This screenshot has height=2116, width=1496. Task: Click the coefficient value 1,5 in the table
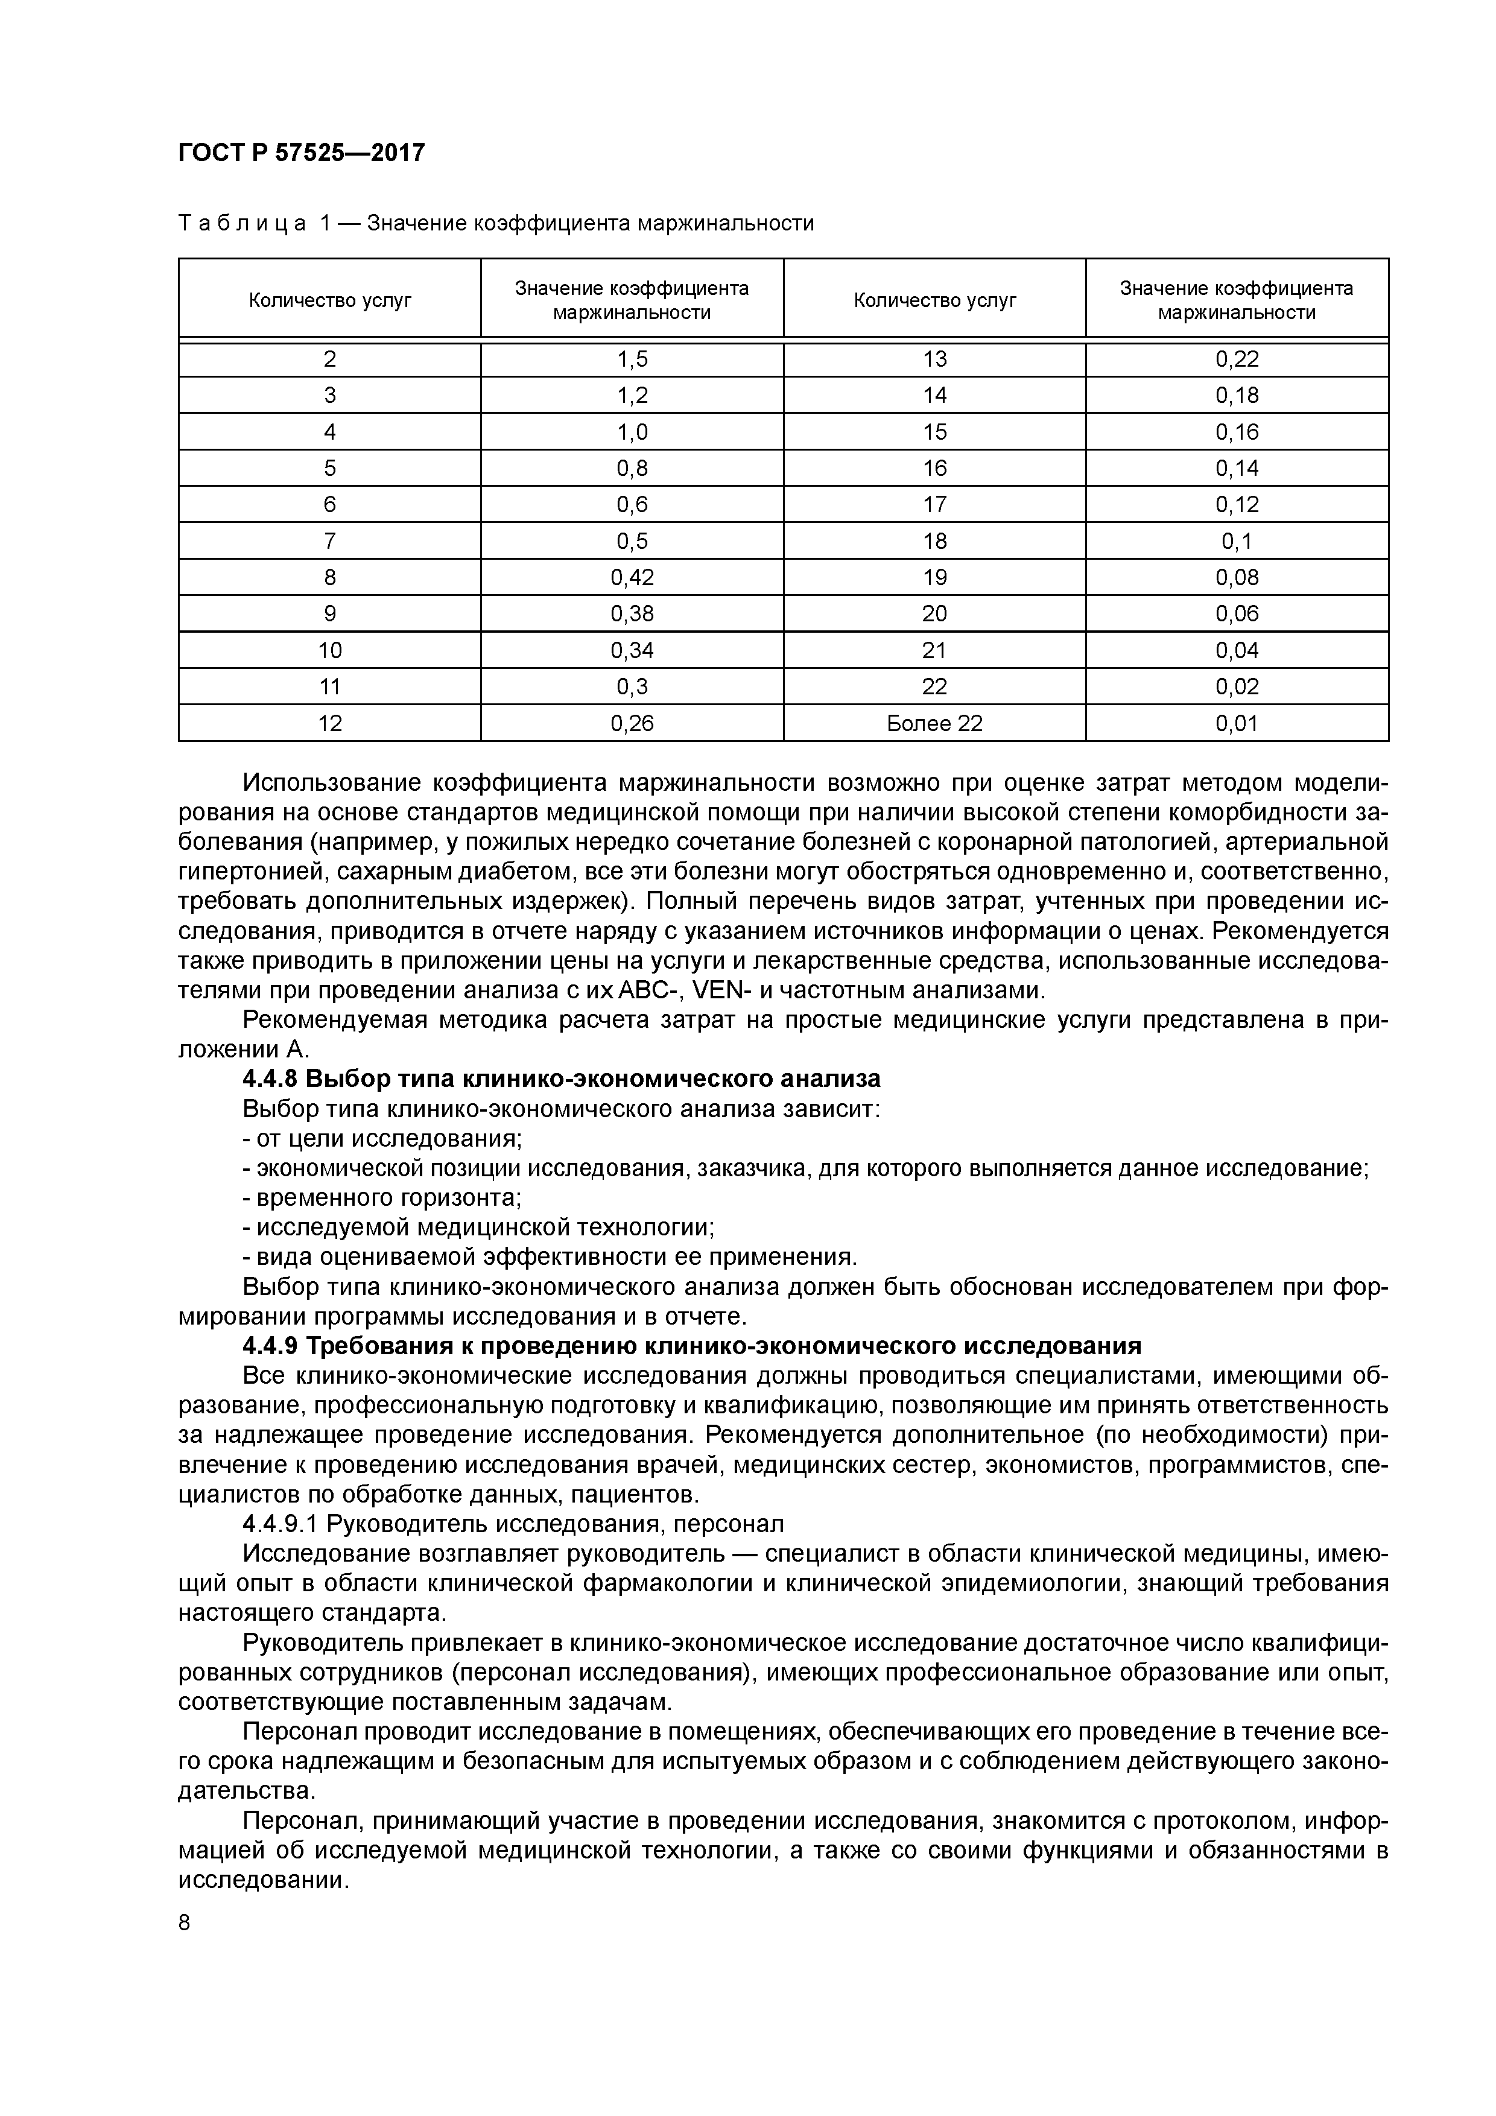tap(632, 360)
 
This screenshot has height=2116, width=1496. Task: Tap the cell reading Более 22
tap(934, 723)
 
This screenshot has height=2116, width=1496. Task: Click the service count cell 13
tap(934, 360)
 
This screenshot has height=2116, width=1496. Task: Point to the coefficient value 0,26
tap(632, 723)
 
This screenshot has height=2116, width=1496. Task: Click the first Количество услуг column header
tap(330, 300)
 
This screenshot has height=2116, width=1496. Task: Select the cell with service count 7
tap(330, 541)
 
